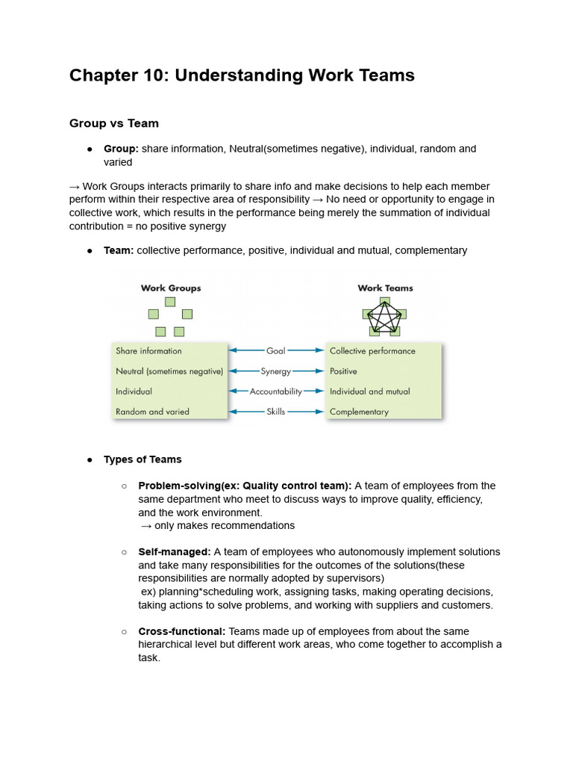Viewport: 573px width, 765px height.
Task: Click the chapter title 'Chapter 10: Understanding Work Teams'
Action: [242, 75]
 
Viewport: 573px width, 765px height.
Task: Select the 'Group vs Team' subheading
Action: [113, 123]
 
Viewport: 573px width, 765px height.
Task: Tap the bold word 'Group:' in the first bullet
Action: [121, 149]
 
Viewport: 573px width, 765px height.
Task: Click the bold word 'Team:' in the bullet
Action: [119, 250]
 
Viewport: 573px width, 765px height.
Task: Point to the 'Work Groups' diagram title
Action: [171, 288]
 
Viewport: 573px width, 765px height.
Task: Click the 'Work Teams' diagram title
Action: [385, 288]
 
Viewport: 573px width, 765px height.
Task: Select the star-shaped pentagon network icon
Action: [384, 317]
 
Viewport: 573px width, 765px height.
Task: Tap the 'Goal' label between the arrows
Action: [276, 350]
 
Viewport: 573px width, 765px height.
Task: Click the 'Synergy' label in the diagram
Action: [276, 371]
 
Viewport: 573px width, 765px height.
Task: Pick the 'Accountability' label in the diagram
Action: [276, 391]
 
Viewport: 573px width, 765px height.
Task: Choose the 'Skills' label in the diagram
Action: [276, 412]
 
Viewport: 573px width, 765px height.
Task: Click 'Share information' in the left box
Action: [148, 351]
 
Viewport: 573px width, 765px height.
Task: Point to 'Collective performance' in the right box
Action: [372, 351]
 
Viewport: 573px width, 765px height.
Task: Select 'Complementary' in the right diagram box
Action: [359, 412]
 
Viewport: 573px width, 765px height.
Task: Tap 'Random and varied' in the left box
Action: [152, 412]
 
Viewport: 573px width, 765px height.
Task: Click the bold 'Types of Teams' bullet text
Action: [143, 459]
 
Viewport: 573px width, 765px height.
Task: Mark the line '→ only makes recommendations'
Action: [218, 526]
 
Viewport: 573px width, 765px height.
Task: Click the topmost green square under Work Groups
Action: [170, 302]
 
